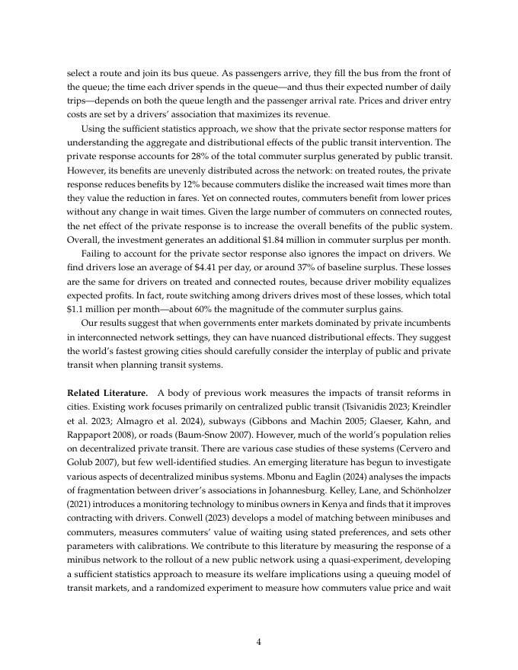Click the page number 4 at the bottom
pos(259,642)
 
